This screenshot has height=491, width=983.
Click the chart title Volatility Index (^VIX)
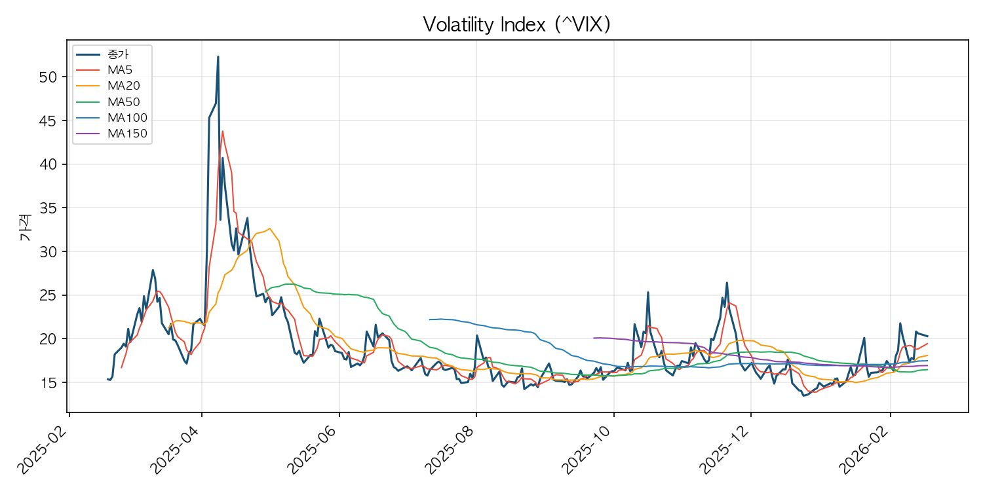click(516, 24)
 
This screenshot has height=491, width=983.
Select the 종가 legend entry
click(118, 54)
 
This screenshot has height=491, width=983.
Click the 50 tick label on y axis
click(48, 77)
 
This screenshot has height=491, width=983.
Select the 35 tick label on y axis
click(48, 208)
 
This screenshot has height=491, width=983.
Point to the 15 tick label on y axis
click(48, 382)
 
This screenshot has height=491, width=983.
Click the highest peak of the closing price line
click(218, 56)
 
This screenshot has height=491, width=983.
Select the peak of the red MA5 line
click(223, 131)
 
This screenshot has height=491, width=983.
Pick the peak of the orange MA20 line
click(270, 228)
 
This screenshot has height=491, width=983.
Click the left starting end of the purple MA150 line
click(594, 338)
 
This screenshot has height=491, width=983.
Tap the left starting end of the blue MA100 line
click(429, 319)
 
